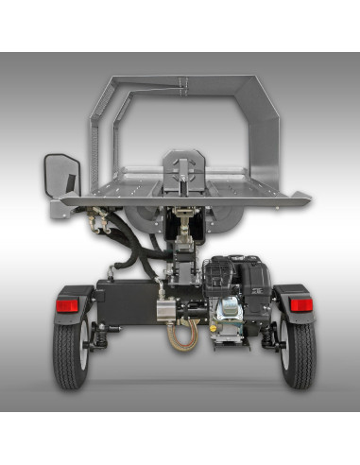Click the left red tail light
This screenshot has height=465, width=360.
tap(67, 304)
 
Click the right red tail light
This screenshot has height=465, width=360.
tap(300, 304)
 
